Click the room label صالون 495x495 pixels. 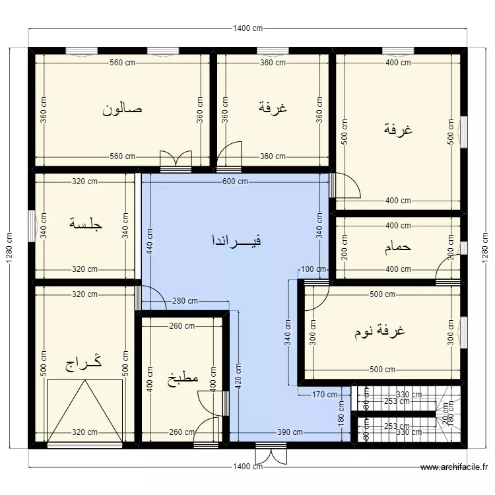(x=123, y=108)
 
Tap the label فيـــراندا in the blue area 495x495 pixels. (x=236, y=240)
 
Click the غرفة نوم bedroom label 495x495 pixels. (x=379, y=331)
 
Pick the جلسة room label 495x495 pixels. (x=86, y=224)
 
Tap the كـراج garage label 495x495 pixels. (x=83, y=364)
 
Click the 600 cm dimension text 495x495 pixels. (x=235, y=182)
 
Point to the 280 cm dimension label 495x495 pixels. (x=185, y=302)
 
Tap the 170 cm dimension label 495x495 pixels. (x=324, y=395)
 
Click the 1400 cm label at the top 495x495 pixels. (x=248, y=28)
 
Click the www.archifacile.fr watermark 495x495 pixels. (x=455, y=467)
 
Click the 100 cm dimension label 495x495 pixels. (x=313, y=269)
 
